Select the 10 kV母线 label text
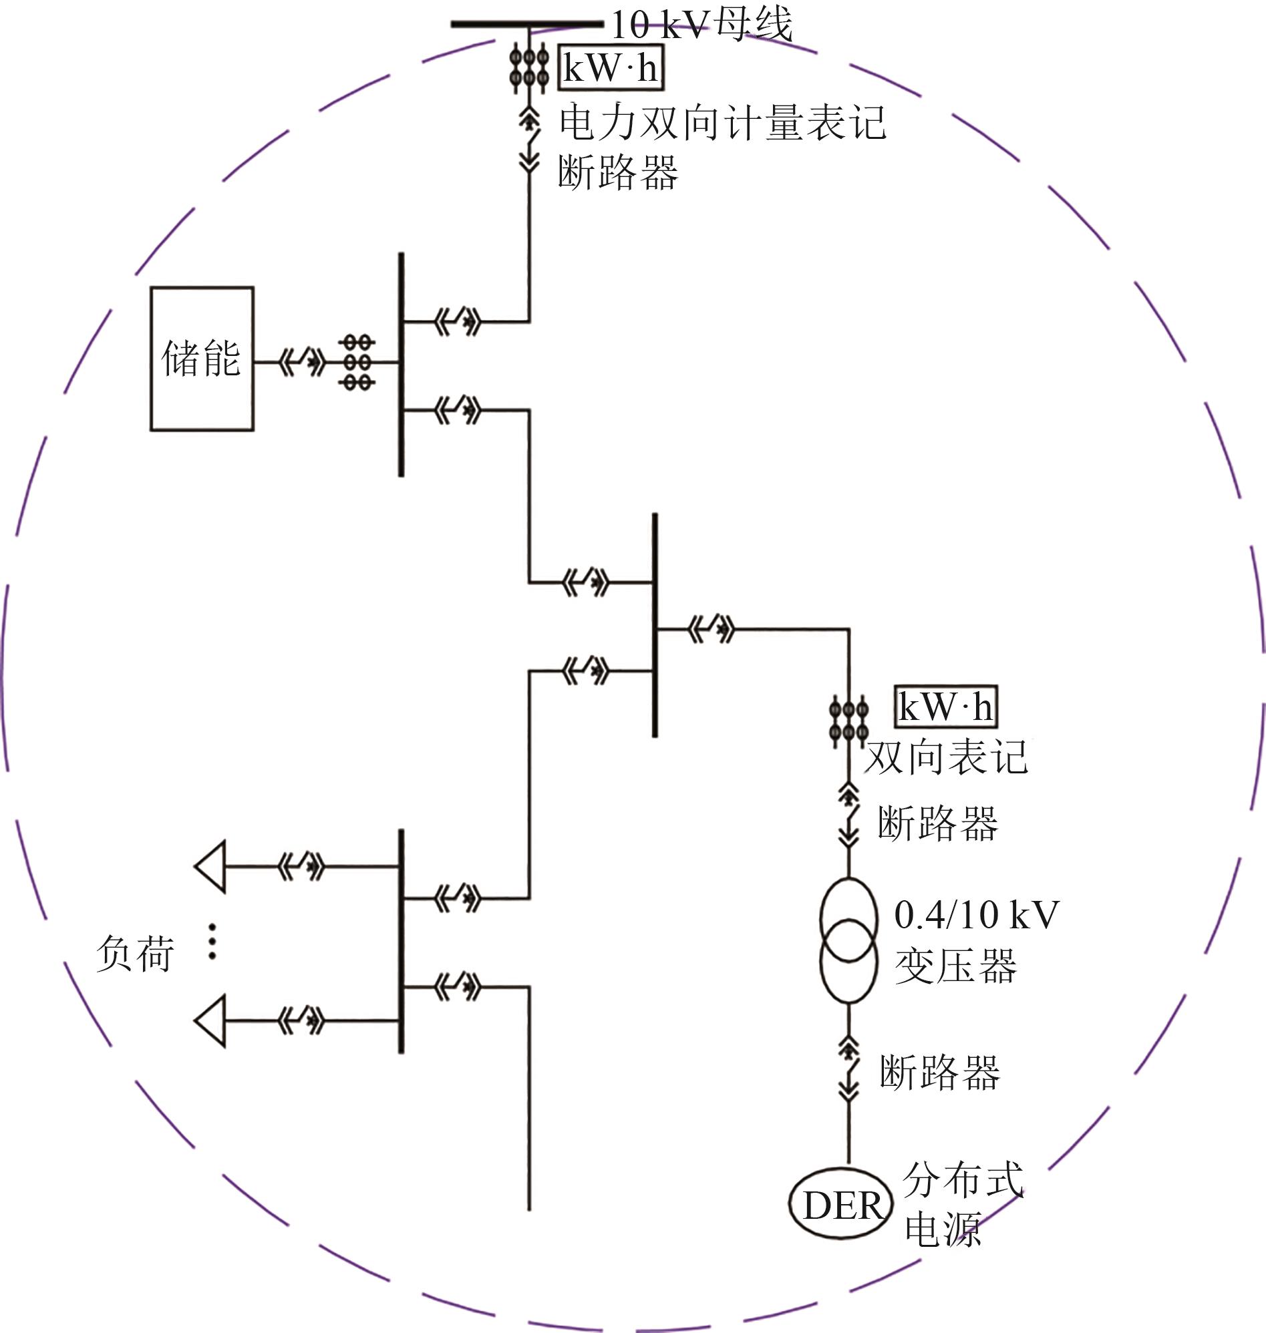coord(701,25)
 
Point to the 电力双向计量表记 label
coord(722,123)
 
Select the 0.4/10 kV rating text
coord(977,916)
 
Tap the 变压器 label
coord(955,966)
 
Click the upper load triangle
coord(210,867)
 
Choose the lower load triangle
coord(210,1020)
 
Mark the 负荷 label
coord(136,953)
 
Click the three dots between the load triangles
coord(212,941)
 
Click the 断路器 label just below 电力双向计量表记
coord(618,173)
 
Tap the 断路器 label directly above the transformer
coord(938,823)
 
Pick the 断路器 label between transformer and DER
coord(939,1073)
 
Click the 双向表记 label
coord(946,757)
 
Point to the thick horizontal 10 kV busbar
coord(527,24)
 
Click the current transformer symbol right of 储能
coord(357,362)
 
